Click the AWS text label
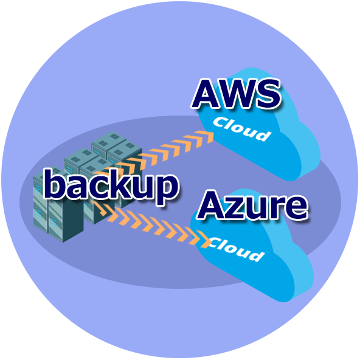click(236, 93)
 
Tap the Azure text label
click(252, 205)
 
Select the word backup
click(111, 186)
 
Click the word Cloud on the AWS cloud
click(242, 129)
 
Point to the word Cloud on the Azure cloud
click(237, 249)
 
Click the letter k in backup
click(116, 184)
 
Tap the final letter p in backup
click(166, 190)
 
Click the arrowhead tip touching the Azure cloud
click(211, 241)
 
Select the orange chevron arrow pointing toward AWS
click(153, 153)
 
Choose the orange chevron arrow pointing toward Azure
click(151, 224)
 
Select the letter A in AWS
click(204, 94)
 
